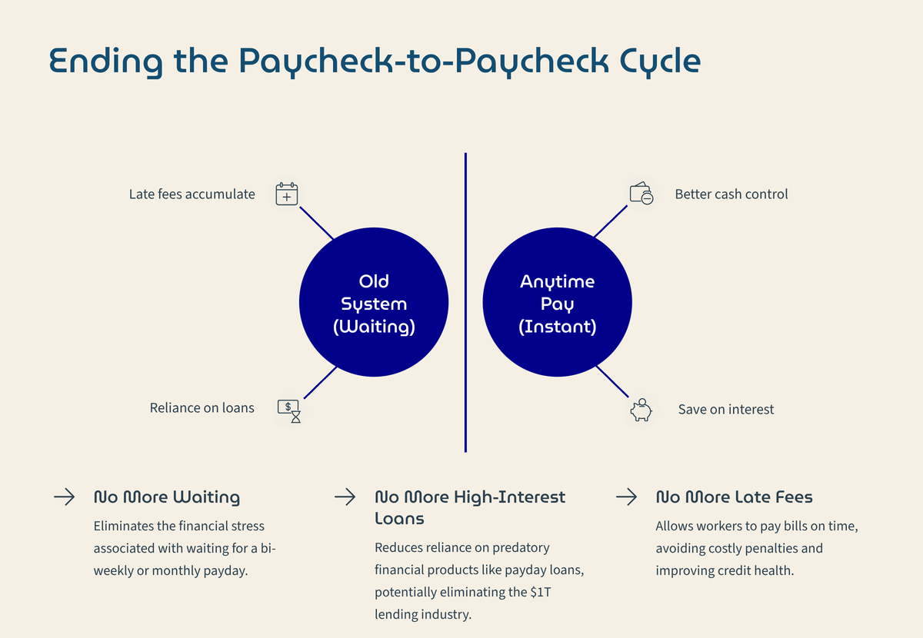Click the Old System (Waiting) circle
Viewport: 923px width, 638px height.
coord(374,303)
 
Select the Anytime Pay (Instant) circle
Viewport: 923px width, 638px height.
coord(557,303)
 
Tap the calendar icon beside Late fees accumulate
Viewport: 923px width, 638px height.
coord(286,194)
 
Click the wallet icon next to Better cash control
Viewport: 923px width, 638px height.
coord(641,194)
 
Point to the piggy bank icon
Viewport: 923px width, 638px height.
coord(641,410)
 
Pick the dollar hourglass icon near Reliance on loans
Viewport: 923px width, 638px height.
coord(288,410)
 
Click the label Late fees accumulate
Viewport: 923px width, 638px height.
coord(192,194)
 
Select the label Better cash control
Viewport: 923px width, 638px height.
coord(731,194)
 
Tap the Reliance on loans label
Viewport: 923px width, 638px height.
coord(202,408)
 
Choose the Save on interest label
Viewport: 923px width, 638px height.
coord(725,410)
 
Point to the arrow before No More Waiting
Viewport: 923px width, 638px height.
coord(64,497)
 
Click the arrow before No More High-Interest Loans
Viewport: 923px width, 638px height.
coord(345,497)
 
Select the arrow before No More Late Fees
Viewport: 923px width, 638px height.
coord(626,497)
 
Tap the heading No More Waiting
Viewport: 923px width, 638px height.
coord(166,497)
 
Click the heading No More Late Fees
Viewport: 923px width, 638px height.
coord(733,497)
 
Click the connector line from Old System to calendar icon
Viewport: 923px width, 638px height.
coord(316,223)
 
